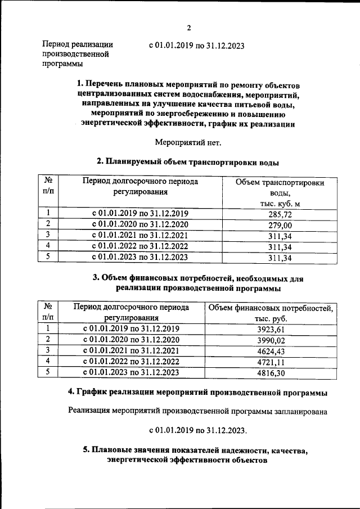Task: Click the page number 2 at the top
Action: click(x=189, y=28)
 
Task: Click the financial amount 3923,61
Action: click(x=271, y=330)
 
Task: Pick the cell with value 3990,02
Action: click(x=271, y=340)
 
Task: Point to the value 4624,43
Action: click(x=271, y=351)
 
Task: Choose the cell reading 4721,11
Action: click(x=271, y=362)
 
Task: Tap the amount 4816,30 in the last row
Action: click(x=271, y=372)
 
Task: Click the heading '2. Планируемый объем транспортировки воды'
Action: click(x=188, y=162)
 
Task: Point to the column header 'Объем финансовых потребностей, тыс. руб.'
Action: click(x=271, y=313)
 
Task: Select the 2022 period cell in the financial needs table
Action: click(x=131, y=362)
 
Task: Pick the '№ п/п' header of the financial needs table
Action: click(x=48, y=313)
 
